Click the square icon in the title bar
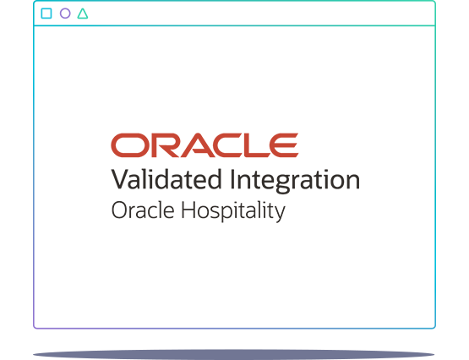click(x=46, y=14)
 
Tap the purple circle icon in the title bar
click(x=65, y=14)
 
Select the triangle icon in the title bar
click(x=83, y=14)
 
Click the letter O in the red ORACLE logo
click(x=127, y=145)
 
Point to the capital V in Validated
click(x=119, y=180)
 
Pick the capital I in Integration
click(x=233, y=180)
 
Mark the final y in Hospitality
click(x=280, y=213)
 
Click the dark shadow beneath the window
click(x=234, y=352)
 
